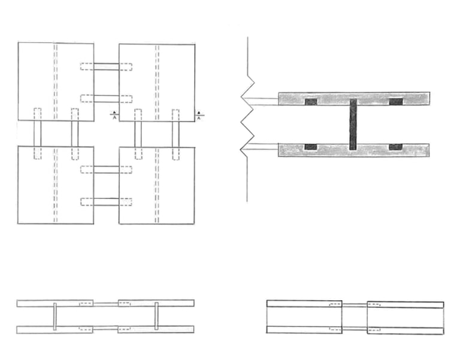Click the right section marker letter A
click(x=199, y=118)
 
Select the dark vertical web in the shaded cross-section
click(x=353, y=125)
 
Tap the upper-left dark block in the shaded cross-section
click(x=311, y=102)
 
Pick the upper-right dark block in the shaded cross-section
click(x=396, y=102)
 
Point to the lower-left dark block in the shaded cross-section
click(x=311, y=147)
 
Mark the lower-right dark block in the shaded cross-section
click(x=396, y=147)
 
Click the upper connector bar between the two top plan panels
click(x=106, y=66)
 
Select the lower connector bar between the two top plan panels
click(x=106, y=98)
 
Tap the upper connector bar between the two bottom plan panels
click(x=106, y=170)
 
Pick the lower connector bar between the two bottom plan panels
click(x=106, y=201)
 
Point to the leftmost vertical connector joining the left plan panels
click(x=37, y=134)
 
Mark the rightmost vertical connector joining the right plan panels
click(x=176, y=134)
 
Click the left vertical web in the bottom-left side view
click(x=55, y=316)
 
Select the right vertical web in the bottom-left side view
click(x=156, y=316)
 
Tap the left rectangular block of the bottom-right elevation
click(x=304, y=316)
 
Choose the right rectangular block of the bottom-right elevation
click(x=405, y=316)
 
